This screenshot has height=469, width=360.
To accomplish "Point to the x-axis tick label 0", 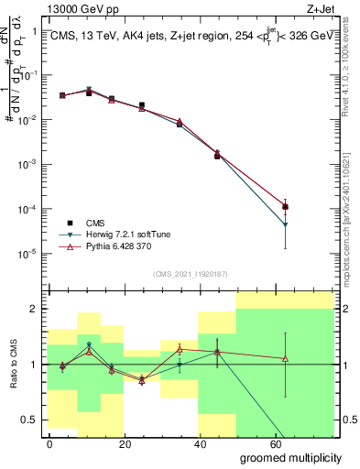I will (x=49, y=443).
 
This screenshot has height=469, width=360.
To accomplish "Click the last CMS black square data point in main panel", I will (x=286, y=207).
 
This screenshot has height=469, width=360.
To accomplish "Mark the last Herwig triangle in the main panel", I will (x=286, y=224).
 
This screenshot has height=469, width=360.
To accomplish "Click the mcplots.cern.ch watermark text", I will (x=350, y=183).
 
